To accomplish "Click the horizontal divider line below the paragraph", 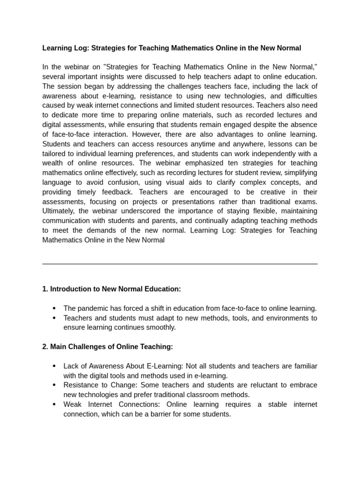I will [180, 264].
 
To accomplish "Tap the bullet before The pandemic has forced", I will [54, 308].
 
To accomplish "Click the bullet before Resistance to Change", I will [54, 385].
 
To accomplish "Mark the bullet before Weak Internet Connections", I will [54, 405].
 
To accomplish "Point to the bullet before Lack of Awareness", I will [54, 366].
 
